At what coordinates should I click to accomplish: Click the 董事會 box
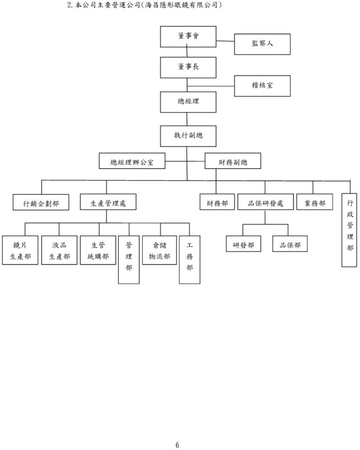click(x=188, y=37)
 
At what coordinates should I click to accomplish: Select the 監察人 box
click(x=262, y=44)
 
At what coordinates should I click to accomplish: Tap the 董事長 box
click(x=188, y=68)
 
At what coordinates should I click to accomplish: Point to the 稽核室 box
click(x=262, y=86)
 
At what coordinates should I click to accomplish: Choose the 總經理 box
click(x=188, y=102)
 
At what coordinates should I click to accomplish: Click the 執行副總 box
click(x=188, y=136)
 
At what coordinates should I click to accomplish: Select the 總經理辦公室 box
click(x=132, y=161)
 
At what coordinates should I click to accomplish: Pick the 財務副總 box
click(x=233, y=161)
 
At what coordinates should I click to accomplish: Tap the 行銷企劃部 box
click(x=41, y=202)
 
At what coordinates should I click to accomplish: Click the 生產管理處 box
click(x=108, y=202)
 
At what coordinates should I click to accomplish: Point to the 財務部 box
click(x=217, y=202)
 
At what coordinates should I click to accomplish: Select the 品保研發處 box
click(x=265, y=202)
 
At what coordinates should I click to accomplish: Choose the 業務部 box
click(x=314, y=202)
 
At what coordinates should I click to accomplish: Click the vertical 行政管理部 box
click(x=349, y=230)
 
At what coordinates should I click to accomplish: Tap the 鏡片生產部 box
click(x=20, y=250)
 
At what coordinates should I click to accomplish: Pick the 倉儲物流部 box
click(x=159, y=250)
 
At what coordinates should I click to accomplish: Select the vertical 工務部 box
click(x=189, y=260)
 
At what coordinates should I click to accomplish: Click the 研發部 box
click(x=243, y=244)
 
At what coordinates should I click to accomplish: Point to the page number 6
click(x=177, y=445)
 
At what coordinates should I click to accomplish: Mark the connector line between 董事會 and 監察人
click(x=225, y=41)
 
